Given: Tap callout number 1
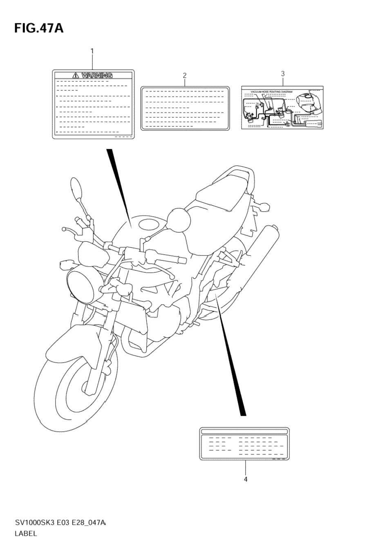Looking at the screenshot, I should pyautogui.click(x=92, y=51).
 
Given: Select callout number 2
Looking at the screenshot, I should pyautogui.click(x=185, y=75).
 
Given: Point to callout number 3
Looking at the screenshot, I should pyautogui.click(x=282, y=74).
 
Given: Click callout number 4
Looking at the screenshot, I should pyautogui.click(x=245, y=479).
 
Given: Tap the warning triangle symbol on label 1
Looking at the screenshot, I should pyautogui.click(x=76, y=75).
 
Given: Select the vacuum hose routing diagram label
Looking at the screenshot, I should pyautogui.click(x=282, y=108).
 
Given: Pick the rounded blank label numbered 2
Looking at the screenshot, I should pyautogui.click(x=185, y=108).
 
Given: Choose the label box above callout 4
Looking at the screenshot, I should pyautogui.click(x=245, y=444).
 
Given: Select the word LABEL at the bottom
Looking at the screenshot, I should pyautogui.click(x=26, y=533).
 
